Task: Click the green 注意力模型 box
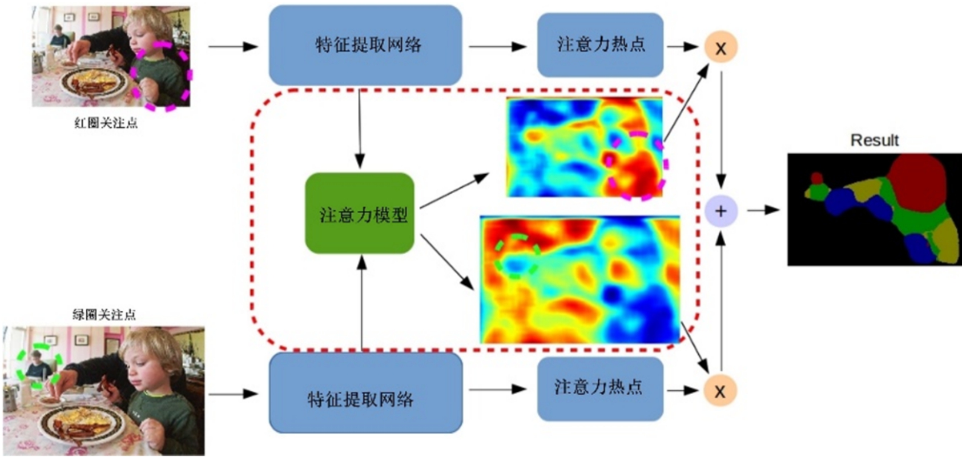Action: pyautogui.click(x=360, y=213)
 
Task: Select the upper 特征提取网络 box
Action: pyautogui.click(x=365, y=45)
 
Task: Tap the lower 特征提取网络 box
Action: pyautogui.click(x=366, y=393)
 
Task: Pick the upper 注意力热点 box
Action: pyautogui.click(x=601, y=45)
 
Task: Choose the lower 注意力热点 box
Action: pyautogui.click(x=601, y=389)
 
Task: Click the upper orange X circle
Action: pyautogui.click(x=721, y=47)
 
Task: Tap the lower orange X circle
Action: pyautogui.click(x=720, y=390)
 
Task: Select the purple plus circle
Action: pyautogui.click(x=721, y=211)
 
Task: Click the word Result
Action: pyautogui.click(x=875, y=140)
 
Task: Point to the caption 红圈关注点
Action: pyautogui.click(x=106, y=123)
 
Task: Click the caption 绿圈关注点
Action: pyautogui.click(x=104, y=315)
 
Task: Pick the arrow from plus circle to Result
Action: pyautogui.click(x=763, y=210)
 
